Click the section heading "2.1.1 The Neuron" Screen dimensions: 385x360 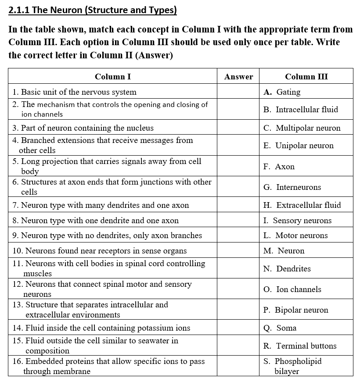[x=93, y=10]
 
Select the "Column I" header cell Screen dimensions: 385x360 [x=112, y=77]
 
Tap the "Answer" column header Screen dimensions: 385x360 [x=238, y=77]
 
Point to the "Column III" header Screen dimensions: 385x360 [x=306, y=77]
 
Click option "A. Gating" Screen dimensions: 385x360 [x=282, y=92]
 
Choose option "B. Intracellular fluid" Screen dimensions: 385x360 [x=301, y=110]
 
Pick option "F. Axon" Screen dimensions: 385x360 [x=279, y=167]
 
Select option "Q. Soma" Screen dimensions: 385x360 [x=280, y=328]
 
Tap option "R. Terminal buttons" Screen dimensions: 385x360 [x=300, y=346]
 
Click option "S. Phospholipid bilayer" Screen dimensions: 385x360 [x=292, y=366]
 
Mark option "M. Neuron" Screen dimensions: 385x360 [x=284, y=251]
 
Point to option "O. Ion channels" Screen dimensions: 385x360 [x=292, y=289]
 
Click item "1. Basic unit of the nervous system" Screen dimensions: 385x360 [x=75, y=92]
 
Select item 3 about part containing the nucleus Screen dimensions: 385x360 [x=83, y=128]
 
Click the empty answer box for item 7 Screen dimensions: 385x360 [x=238, y=205]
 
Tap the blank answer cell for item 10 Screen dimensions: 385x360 [x=238, y=251]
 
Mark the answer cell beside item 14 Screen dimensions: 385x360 [x=238, y=328]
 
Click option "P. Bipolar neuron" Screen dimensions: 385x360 [x=296, y=310]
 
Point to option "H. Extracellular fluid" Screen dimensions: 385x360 [x=302, y=205]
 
